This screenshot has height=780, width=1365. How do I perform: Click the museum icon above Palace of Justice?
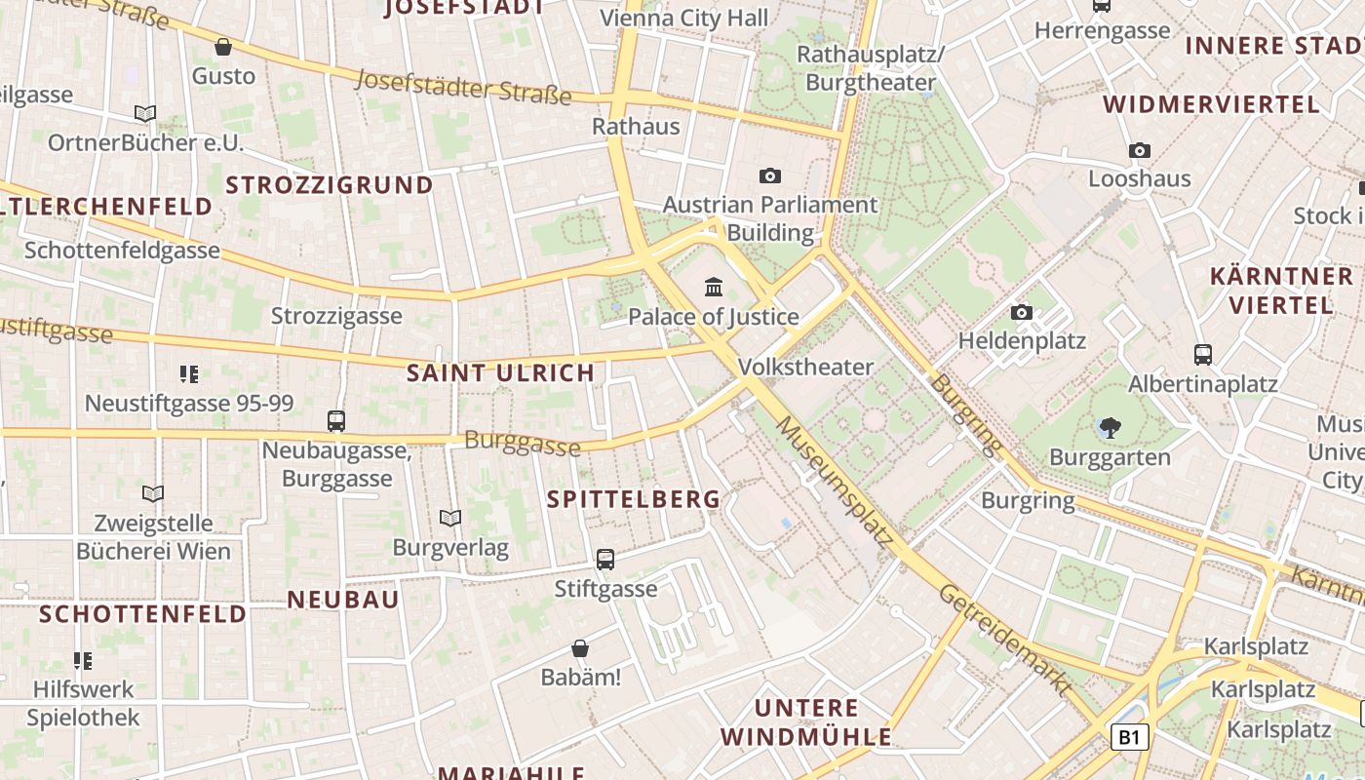pyautogui.click(x=714, y=288)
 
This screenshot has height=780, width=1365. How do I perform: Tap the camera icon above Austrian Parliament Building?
pyautogui.click(x=770, y=175)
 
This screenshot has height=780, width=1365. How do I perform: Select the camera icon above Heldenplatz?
pyautogui.click(x=1021, y=312)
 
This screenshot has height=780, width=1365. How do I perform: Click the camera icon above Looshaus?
pyautogui.click(x=1139, y=150)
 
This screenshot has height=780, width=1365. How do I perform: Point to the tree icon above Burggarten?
pyautogui.click(x=1109, y=427)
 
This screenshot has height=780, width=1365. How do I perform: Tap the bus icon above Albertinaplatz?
pyautogui.click(x=1202, y=354)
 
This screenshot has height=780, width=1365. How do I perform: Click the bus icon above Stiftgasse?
pyautogui.click(x=605, y=560)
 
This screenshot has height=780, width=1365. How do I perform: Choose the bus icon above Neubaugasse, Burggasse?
pyautogui.click(x=336, y=420)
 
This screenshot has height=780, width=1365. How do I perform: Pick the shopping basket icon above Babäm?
pyautogui.click(x=580, y=648)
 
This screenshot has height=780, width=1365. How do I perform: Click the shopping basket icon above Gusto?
pyautogui.click(x=223, y=47)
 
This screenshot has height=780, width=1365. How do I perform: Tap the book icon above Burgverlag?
pyautogui.click(x=449, y=518)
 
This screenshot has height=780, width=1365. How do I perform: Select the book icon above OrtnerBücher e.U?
pyautogui.click(x=145, y=114)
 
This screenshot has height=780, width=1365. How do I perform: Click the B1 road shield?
pyautogui.click(x=1129, y=737)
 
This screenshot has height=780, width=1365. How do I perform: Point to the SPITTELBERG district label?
pyautogui.click(x=634, y=499)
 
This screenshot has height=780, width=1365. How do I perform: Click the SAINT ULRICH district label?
pyautogui.click(x=500, y=372)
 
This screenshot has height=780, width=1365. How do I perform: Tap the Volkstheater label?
pyautogui.click(x=806, y=367)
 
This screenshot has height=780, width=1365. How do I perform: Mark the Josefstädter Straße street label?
pyautogui.click(x=463, y=86)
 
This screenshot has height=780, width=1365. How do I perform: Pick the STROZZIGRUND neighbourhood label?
pyautogui.click(x=330, y=185)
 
